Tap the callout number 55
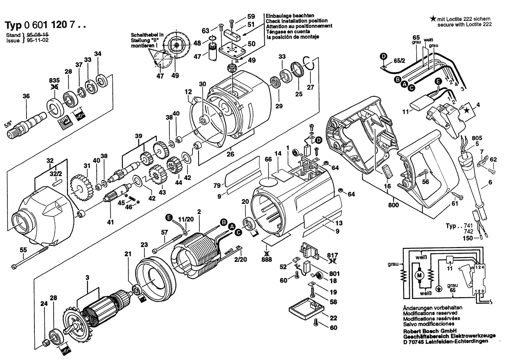23,250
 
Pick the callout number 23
144,245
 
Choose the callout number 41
110,222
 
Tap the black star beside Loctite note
432,19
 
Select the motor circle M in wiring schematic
420,275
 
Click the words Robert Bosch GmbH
430,331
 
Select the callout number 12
188,92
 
